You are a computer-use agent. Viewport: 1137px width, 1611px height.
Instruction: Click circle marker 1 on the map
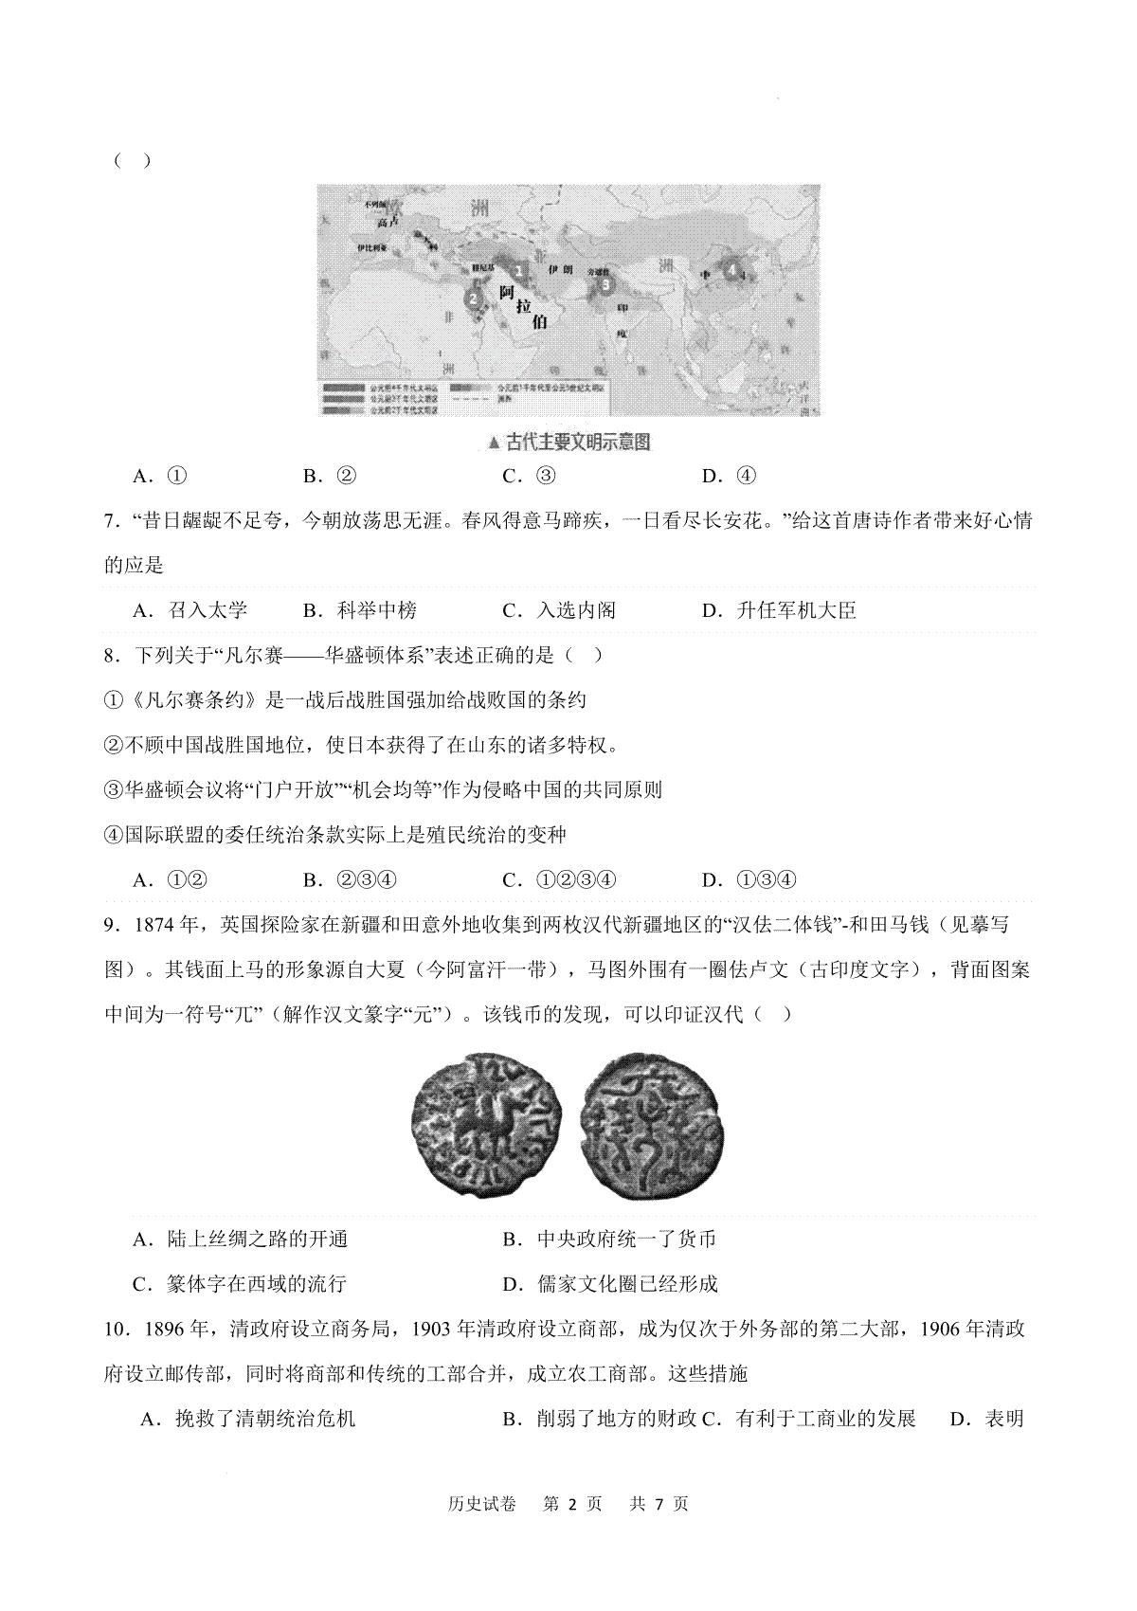pyautogui.click(x=518, y=269)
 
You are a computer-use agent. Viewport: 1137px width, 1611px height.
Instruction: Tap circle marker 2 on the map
pyautogui.click(x=473, y=298)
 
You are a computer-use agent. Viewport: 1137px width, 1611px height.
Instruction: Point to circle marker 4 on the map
pyautogui.click(x=731, y=269)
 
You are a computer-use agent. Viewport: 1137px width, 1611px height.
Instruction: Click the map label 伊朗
pyautogui.click(x=561, y=270)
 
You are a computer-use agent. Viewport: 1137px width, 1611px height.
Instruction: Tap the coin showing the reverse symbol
pyautogui.click(x=651, y=1124)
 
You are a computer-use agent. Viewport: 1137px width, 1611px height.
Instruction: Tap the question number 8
pyautogui.click(x=111, y=655)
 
